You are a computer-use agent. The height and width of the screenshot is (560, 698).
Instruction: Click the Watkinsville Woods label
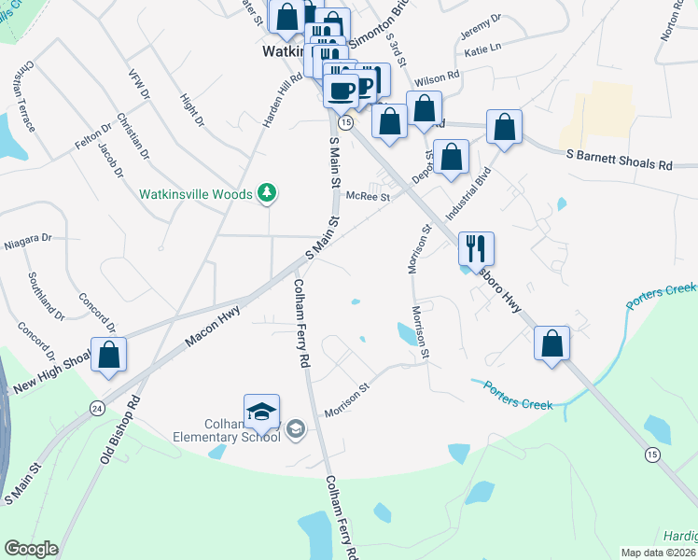coord(195,194)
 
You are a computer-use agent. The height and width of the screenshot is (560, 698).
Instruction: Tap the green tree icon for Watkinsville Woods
coord(268,193)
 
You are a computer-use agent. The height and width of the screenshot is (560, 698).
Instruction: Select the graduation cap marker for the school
coord(262,411)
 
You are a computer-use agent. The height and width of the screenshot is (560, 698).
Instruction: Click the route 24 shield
coord(97,408)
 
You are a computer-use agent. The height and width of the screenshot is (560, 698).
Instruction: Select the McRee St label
coord(367,197)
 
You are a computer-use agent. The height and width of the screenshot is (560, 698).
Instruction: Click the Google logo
coord(31,548)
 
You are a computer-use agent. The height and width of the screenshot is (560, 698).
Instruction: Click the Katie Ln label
coord(482,48)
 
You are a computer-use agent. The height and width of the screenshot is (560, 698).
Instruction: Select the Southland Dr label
coord(45,293)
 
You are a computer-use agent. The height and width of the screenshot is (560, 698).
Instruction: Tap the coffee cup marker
coord(341,90)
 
